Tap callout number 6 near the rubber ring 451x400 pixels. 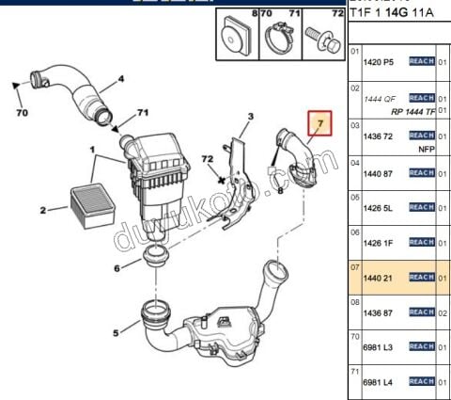[117, 268]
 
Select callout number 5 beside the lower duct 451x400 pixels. [116, 331]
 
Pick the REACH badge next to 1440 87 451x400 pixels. [420, 172]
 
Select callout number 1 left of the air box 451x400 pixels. [92, 149]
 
